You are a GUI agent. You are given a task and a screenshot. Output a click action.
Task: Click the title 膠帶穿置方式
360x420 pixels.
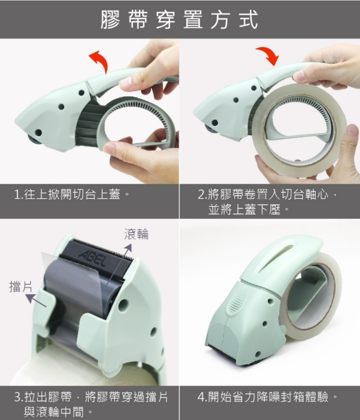(x=179, y=19)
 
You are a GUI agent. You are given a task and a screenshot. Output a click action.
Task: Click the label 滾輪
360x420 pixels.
(x=136, y=234)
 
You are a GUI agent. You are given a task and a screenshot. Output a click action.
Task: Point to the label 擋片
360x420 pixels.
(x=20, y=286)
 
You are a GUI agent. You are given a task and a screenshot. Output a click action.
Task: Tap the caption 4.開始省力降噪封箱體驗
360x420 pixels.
(x=267, y=397)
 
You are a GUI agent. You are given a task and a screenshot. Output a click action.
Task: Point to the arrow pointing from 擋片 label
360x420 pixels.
(x=36, y=300)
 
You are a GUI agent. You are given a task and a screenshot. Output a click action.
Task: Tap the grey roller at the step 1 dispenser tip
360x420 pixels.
(x=34, y=139)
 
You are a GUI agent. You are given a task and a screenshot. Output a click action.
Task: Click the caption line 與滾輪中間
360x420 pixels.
(x=58, y=412)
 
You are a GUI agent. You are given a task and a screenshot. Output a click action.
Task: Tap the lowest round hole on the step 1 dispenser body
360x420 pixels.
(x=38, y=133)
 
